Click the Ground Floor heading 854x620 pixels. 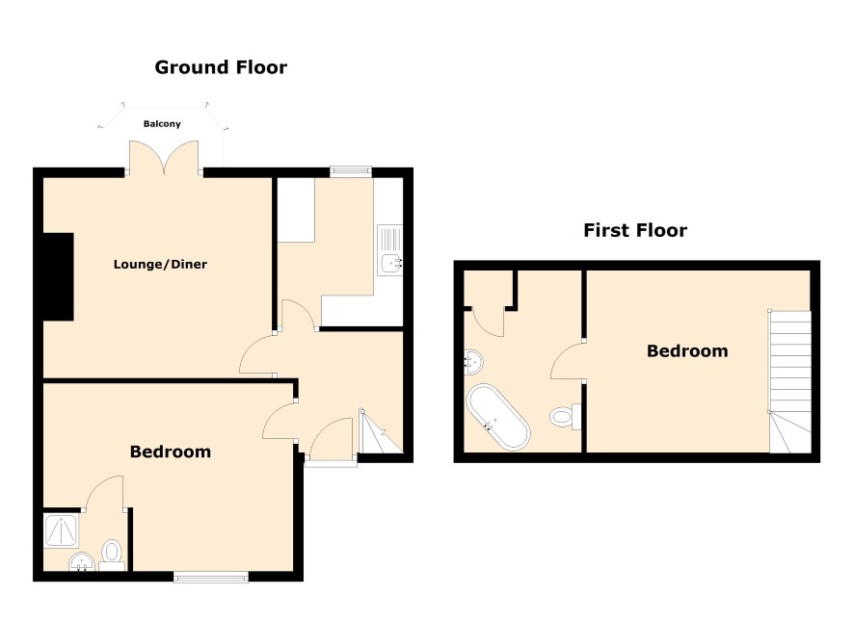[x=221, y=67]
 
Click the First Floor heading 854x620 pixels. [x=635, y=230]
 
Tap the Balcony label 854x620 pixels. [x=162, y=124]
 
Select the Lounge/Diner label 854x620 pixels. [x=160, y=265]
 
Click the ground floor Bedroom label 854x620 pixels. [x=171, y=452]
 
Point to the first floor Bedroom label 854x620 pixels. [x=687, y=350]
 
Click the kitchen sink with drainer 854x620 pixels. [x=390, y=250]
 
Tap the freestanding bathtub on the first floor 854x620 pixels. [x=497, y=417]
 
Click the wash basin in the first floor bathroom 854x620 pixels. [x=473, y=362]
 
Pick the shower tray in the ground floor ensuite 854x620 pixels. [x=62, y=531]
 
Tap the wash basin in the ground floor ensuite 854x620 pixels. [x=82, y=562]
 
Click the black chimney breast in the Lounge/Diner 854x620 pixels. [x=58, y=277]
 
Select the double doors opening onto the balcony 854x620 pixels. [x=164, y=158]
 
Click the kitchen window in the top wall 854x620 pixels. [x=351, y=171]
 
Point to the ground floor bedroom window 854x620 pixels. [x=211, y=577]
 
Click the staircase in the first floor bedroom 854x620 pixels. [x=789, y=381]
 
